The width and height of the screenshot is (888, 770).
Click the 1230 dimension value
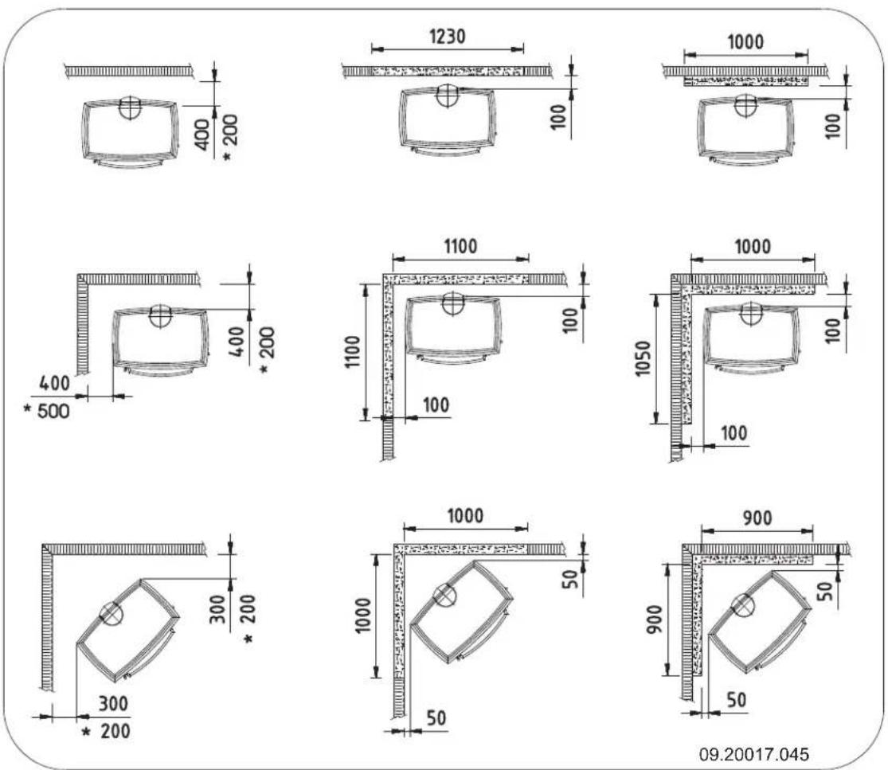[448, 37]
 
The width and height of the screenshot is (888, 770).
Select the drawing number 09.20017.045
[753, 754]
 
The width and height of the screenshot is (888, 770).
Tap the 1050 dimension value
[643, 358]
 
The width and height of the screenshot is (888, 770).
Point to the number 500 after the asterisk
[53, 411]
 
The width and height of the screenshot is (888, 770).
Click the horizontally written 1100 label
[460, 247]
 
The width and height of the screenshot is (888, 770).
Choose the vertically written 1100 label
[352, 352]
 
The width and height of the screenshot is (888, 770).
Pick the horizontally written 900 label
[757, 518]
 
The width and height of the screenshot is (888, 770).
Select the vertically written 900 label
[655, 620]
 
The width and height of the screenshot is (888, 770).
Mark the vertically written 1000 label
[363, 616]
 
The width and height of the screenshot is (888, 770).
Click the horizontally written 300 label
[113, 704]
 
